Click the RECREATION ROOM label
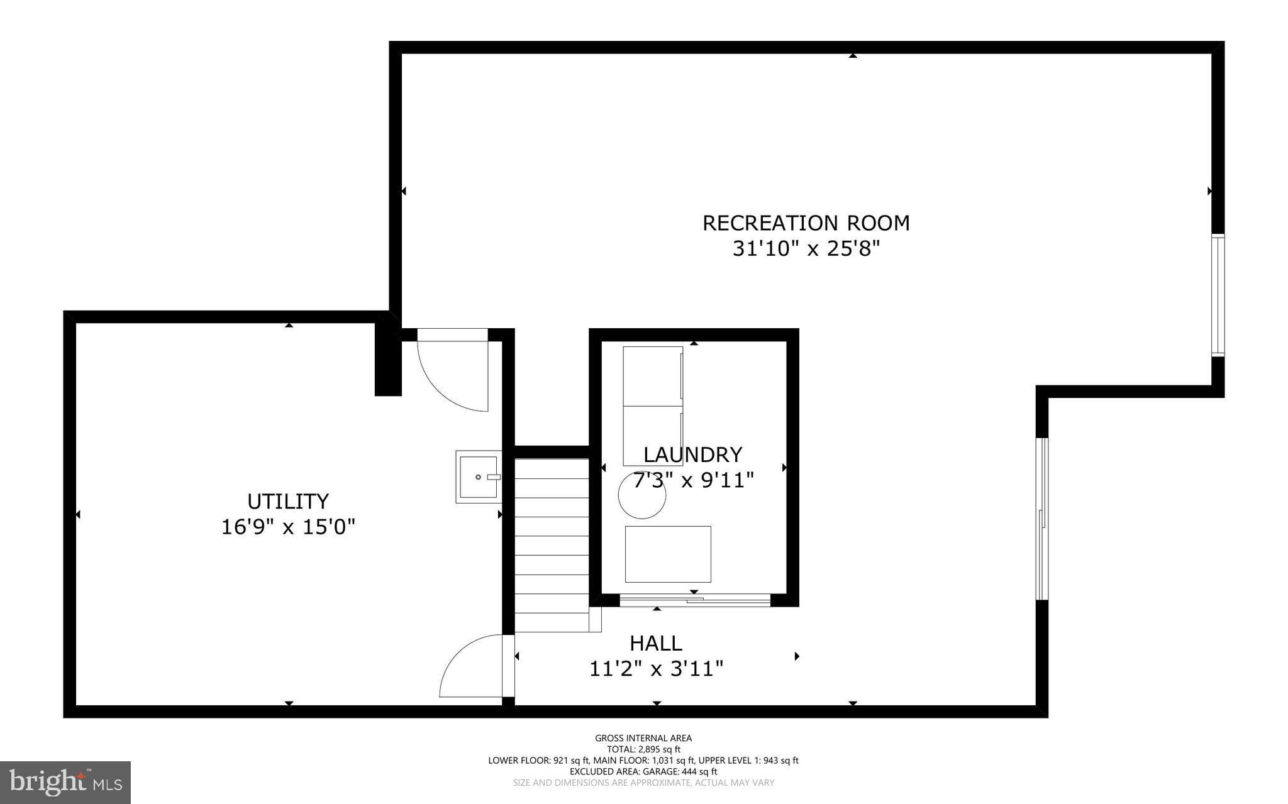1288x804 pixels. [x=806, y=223]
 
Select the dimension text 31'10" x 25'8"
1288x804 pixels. [x=806, y=249]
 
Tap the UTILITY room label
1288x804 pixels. [x=288, y=501]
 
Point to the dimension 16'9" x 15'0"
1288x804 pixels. [x=288, y=527]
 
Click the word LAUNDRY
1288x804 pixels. [x=692, y=454]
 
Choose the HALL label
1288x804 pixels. [x=656, y=643]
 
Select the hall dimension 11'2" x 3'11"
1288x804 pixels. [x=656, y=669]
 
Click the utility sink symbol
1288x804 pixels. [x=479, y=476]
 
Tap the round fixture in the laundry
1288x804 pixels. [x=642, y=496]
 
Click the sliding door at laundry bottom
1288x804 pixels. [x=695, y=601]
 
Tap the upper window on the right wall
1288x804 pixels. [x=1218, y=295]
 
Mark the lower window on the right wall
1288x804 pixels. [x=1042, y=519]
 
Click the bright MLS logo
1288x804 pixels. [x=65, y=782]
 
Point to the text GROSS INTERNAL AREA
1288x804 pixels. [x=643, y=738]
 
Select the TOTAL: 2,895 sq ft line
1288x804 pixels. [x=643, y=749]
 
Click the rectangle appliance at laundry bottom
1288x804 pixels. [x=668, y=554]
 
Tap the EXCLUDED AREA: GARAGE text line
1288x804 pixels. [x=643, y=771]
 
